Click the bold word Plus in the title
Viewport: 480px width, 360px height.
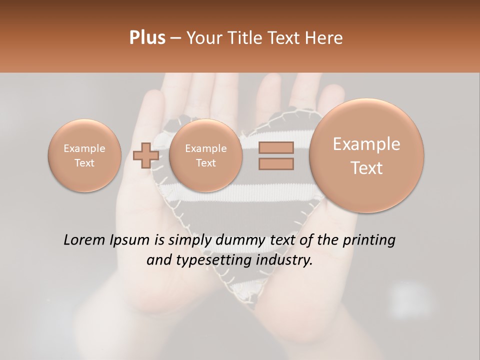click(147, 38)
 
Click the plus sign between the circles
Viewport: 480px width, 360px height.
click(145, 155)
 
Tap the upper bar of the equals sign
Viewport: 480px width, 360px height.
click(276, 147)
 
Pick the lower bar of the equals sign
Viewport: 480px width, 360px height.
click(276, 163)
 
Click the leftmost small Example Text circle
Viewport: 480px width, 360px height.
click(84, 155)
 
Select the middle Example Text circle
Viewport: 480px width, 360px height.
click(205, 155)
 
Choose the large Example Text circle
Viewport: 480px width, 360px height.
click(366, 155)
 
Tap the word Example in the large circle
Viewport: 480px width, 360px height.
click(366, 144)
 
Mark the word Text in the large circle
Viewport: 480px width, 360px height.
click(366, 168)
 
